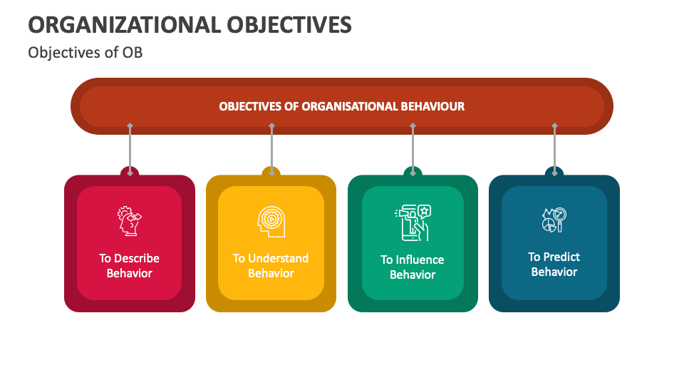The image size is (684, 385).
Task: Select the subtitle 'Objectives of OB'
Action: tap(85, 53)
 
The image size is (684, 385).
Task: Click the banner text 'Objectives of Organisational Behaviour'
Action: tap(341, 106)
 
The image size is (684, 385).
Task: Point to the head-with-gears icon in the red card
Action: tap(130, 221)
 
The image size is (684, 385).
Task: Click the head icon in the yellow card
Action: tap(271, 221)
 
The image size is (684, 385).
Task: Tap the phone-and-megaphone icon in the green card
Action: tap(412, 222)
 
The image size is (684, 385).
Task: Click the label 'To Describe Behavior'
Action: tap(130, 265)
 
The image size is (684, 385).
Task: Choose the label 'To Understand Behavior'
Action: tap(271, 265)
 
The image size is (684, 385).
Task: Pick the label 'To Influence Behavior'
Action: tap(412, 267)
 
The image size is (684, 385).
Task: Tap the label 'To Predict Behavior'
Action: tap(554, 264)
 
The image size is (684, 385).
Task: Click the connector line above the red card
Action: tap(130, 148)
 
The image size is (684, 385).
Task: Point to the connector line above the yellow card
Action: tap(271, 148)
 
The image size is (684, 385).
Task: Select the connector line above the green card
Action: tap(413, 148)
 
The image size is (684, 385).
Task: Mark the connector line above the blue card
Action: tap(554, 148)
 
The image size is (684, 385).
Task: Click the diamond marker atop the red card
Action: tap(130, 172)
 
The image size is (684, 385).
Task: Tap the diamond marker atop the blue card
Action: tap(554, 172)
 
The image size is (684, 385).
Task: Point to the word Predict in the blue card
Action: tap(561, 257)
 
